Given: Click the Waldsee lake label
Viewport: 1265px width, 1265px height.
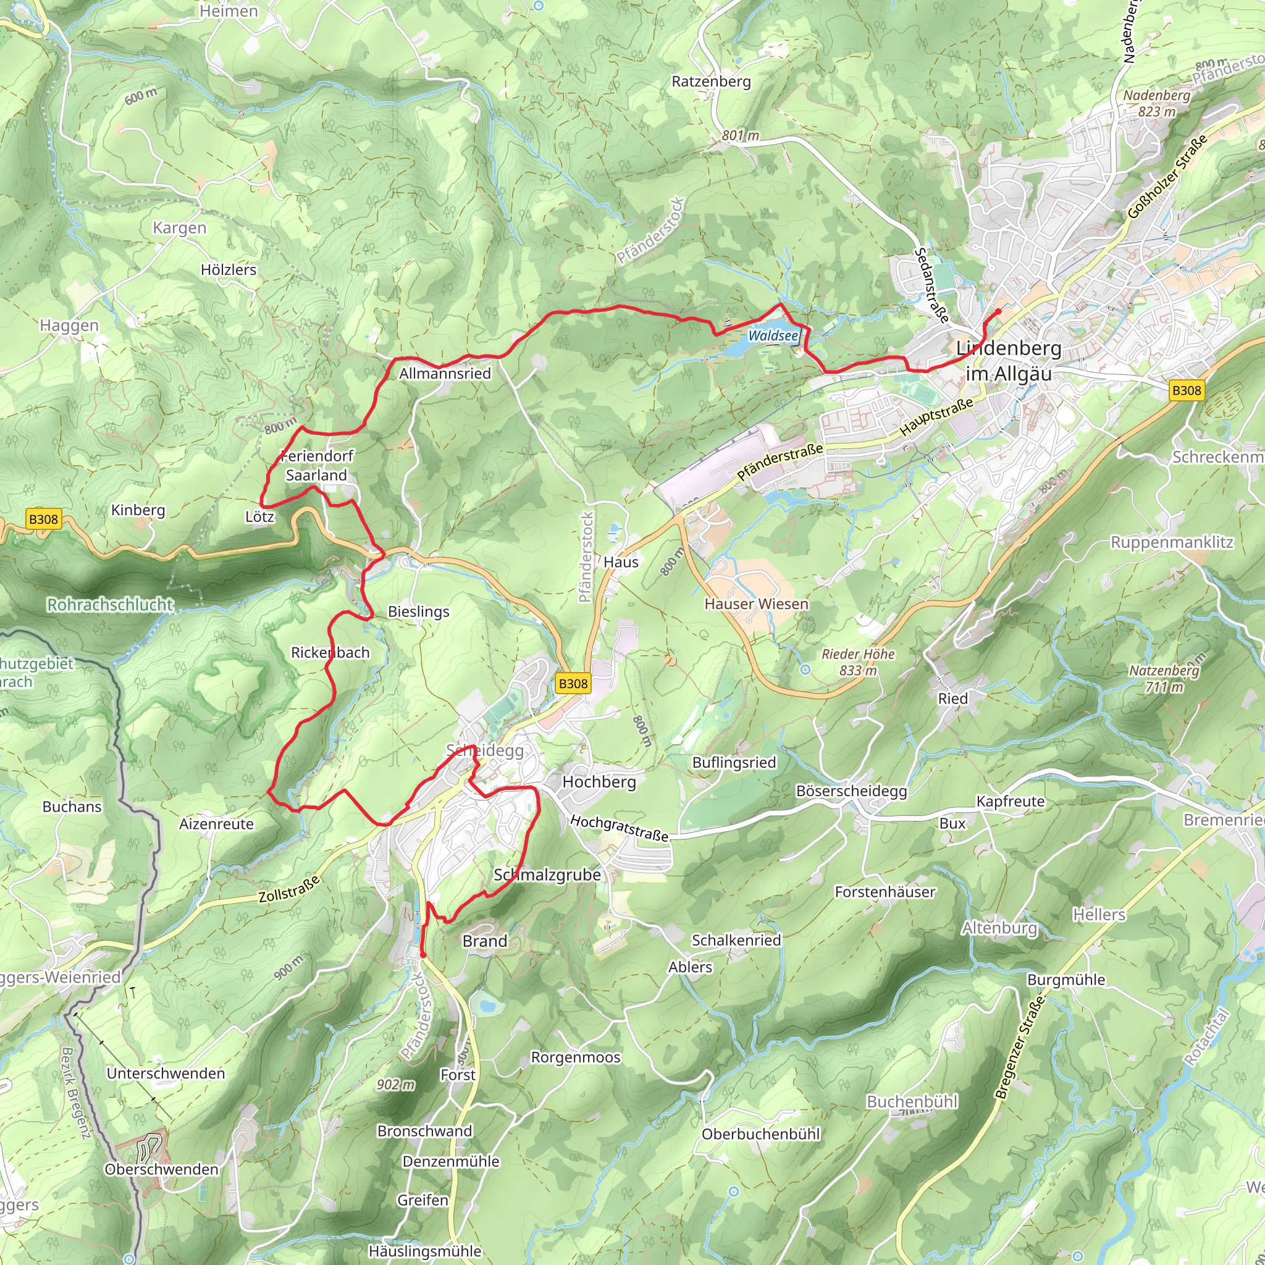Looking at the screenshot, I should pyautogui.click(x=773, y=336).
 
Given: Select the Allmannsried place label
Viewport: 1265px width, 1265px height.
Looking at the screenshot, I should pyautogui.click(x=445, y=374).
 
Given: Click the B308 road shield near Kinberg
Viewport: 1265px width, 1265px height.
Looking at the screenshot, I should pyautogui.click(x=43, y=519).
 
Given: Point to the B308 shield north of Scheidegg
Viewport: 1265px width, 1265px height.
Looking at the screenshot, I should pyautogui.click(x=573, y=684).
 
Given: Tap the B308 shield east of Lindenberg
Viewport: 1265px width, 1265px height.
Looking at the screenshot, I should pyautogui.click(x=1187, y=391).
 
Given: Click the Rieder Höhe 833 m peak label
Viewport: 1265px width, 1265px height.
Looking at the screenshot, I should pyautogui.click(x=858, y=662).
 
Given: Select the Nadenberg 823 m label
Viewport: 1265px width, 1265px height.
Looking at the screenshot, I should pyautogui.click(x=1157, y=103).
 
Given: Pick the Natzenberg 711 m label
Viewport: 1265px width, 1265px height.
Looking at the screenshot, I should pyautogui.click(x=1164, y=678).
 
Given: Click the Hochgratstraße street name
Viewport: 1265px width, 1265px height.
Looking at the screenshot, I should pyautogui.click(x=619, y=828).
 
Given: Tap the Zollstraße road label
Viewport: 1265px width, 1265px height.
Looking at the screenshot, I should pyautogui.click(x=288, y=888).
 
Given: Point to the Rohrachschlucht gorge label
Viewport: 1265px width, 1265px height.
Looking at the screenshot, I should pyautogui.click(x=110, y=604).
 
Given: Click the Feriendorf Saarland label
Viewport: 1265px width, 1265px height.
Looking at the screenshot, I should pyautogui.click(x=317, y=466).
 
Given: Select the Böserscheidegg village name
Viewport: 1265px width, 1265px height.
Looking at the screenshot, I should pyautogui.click(x=851, y=791).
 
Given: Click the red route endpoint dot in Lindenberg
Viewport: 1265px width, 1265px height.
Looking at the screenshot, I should pyautogui.click(x=998, y=311).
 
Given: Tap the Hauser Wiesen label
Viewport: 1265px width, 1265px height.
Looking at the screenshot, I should pyautogui.click(x=756, y=603).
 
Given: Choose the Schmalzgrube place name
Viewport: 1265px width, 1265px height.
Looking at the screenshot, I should pyautogui.click(x=547, y=875).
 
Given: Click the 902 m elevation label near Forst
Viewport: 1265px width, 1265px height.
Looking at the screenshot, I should pyautogui.click(x=395, y=1084).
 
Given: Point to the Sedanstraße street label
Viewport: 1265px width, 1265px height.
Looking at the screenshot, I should pyautogui.click(x=931, y=285).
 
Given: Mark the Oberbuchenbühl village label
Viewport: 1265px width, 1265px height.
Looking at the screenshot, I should pyautogui.click(x=761, y=1134).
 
